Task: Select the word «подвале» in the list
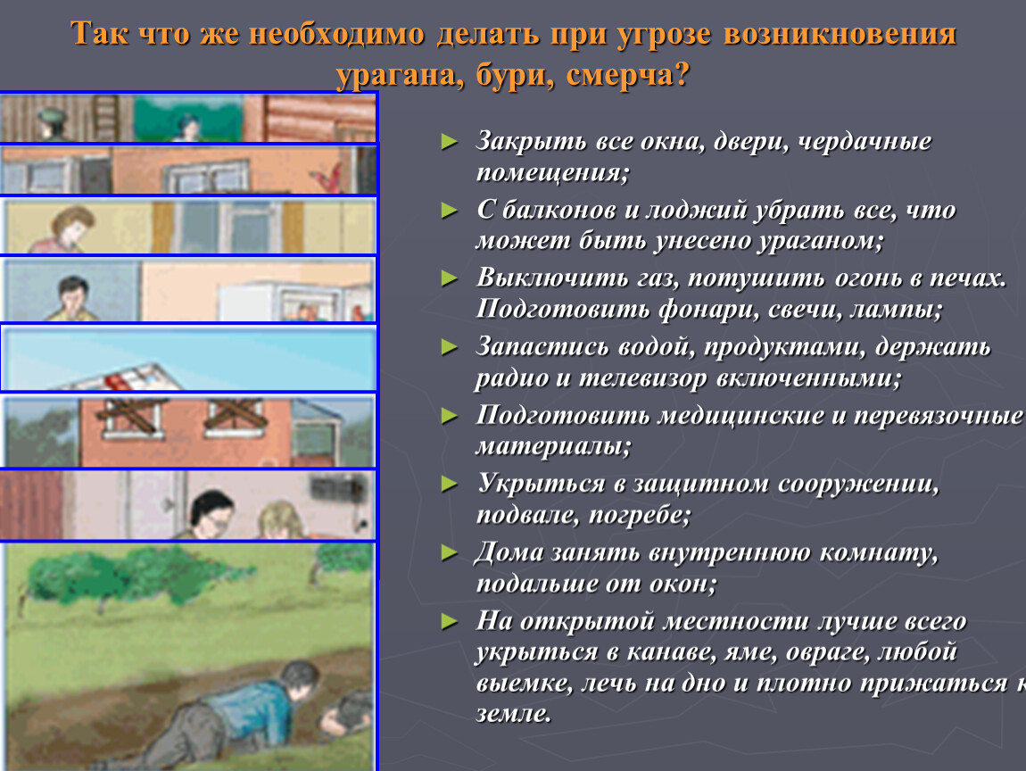pos(518,515)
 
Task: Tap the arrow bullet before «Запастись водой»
pos(450,346)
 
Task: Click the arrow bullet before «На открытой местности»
pos(450,620)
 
